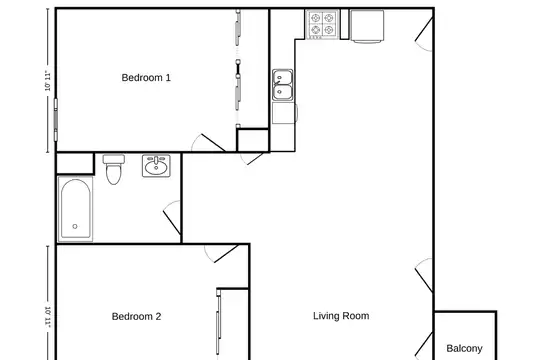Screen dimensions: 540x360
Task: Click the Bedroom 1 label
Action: point(146,78)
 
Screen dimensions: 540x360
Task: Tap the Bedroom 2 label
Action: point(136,316)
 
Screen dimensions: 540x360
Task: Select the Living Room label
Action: point(341,316)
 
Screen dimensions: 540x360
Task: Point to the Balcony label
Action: point(464,348)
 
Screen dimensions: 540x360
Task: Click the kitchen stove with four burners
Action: point(322,24)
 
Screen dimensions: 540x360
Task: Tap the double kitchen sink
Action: point(283,85)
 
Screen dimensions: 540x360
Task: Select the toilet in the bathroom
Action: point(114,169)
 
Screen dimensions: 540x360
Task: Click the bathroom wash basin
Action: point(156,166)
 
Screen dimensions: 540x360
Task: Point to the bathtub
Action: point(75,209)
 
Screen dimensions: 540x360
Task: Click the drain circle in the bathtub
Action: point(75,226)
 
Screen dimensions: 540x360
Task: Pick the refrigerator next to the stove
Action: point(367,26)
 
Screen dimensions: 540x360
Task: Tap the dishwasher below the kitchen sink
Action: point(284,113)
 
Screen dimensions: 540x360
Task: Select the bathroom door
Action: point(172,217)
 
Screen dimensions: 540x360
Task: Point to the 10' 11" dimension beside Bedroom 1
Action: point(48,81)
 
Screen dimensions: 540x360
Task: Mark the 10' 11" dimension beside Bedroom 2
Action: point(48,317)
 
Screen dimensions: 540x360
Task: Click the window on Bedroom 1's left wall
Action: point(55,120)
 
